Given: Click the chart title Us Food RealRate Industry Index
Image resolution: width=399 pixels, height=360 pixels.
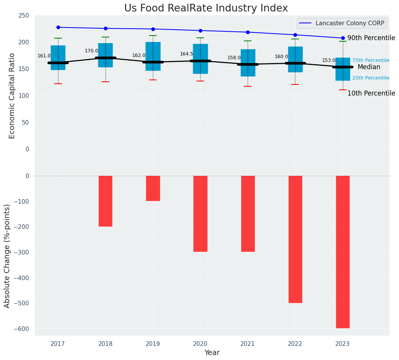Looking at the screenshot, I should (206, 8).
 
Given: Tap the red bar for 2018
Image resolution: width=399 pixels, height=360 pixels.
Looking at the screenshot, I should (105, 201).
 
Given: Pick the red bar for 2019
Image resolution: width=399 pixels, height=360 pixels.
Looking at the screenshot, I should (153, 188).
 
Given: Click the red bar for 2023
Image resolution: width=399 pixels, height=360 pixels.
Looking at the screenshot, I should (343, 251).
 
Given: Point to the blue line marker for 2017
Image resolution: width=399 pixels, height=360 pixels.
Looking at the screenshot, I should (58, 28).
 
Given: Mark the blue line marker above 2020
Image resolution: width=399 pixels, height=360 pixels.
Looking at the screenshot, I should (200, 31).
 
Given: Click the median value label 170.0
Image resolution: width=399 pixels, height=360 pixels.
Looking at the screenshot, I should (91, 51).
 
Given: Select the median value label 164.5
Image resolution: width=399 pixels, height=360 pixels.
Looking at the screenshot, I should (187, 54).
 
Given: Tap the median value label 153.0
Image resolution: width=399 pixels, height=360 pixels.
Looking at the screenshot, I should (329, 60).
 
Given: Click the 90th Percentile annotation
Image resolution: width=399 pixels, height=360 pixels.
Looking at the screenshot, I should (371, 38).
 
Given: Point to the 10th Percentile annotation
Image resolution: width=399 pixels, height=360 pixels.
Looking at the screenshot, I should (371, 94).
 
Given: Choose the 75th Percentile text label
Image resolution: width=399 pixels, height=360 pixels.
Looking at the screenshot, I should (371, 60).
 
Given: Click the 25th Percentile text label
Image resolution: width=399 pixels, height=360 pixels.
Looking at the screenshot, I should (371, 78).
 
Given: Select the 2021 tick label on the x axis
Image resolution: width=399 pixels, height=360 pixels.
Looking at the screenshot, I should (248, 344).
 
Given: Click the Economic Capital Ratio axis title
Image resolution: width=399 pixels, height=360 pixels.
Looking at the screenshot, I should (12, 96).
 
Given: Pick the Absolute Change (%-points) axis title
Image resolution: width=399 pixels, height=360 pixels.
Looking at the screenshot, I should (7, 256).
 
